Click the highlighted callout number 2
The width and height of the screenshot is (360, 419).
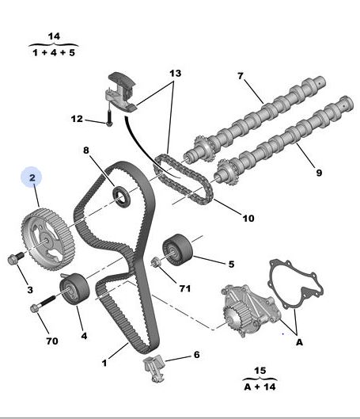(32, 177)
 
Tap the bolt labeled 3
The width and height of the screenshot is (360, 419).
(16, 258)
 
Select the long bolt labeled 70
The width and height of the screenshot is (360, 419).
(43, 303)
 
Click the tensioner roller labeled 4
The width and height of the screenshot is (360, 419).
(74, 288)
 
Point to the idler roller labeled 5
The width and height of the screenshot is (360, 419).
(177, 249)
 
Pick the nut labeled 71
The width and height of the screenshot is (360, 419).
(156, 262)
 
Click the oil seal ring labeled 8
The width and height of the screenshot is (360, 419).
(122, 196)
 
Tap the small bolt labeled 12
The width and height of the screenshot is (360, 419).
(109, 118)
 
